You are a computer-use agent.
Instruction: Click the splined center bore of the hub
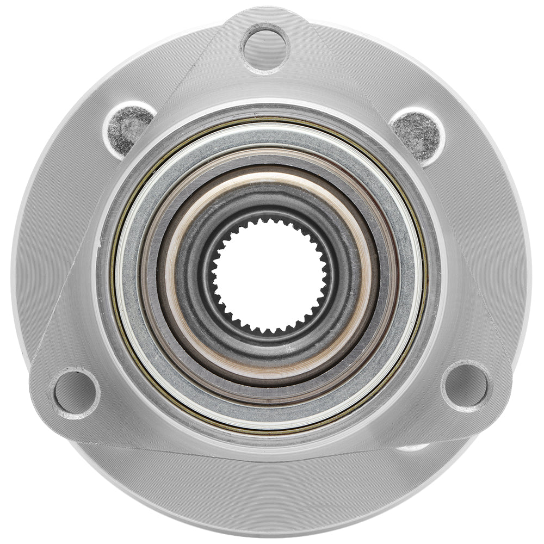tap(270, 275)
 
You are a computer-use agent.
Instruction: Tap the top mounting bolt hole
tap(265, 48)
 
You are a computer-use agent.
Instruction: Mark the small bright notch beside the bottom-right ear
tap(413, 447)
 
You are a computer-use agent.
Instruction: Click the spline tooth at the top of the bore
tap(270, 219)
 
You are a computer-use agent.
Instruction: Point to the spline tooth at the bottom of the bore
tap(270, 332)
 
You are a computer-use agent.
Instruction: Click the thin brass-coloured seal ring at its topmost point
tap(270, 116)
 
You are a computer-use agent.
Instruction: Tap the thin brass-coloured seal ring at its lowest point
tap(270, 434)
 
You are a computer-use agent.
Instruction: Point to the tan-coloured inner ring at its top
tap(270, 175)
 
